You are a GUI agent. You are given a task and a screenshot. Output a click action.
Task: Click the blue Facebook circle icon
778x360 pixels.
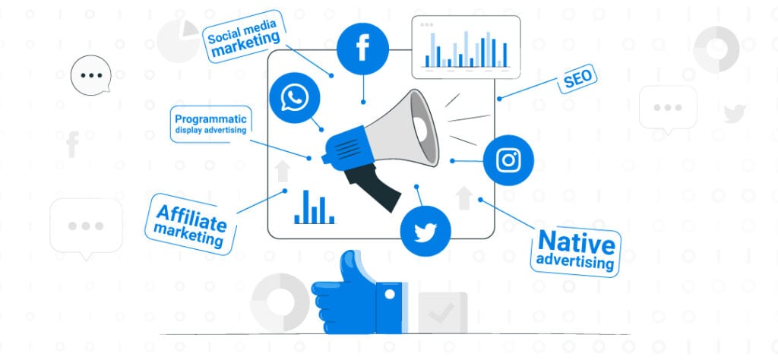(362, 49)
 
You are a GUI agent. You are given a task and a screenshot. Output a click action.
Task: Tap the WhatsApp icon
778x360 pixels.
(295, 98)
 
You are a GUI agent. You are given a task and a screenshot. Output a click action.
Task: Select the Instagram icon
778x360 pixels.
(508, 160)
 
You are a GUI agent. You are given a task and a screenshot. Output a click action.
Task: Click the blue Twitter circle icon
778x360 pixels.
(425, 231)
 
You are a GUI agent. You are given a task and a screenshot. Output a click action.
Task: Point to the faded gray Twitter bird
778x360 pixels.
(735, 114)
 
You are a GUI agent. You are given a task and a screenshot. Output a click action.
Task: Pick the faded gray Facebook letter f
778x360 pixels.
(72, 144)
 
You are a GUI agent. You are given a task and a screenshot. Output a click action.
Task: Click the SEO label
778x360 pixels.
(577, 79)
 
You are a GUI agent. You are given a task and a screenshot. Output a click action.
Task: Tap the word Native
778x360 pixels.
(577, 242)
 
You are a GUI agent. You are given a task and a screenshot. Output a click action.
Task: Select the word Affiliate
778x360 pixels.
(191, 217)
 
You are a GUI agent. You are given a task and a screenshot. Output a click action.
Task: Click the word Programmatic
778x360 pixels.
(211, 119)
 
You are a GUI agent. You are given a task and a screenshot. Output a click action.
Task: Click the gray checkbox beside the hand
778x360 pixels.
(443, 312)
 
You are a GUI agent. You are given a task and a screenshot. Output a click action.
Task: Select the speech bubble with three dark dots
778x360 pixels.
(91, 75)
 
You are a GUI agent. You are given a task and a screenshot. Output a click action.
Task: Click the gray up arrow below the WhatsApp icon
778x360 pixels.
(283, 171)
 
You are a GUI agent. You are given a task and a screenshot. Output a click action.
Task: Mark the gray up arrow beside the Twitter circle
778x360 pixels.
(464, 198)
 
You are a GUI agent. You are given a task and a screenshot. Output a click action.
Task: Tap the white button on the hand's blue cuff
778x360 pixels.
(390, 294)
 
